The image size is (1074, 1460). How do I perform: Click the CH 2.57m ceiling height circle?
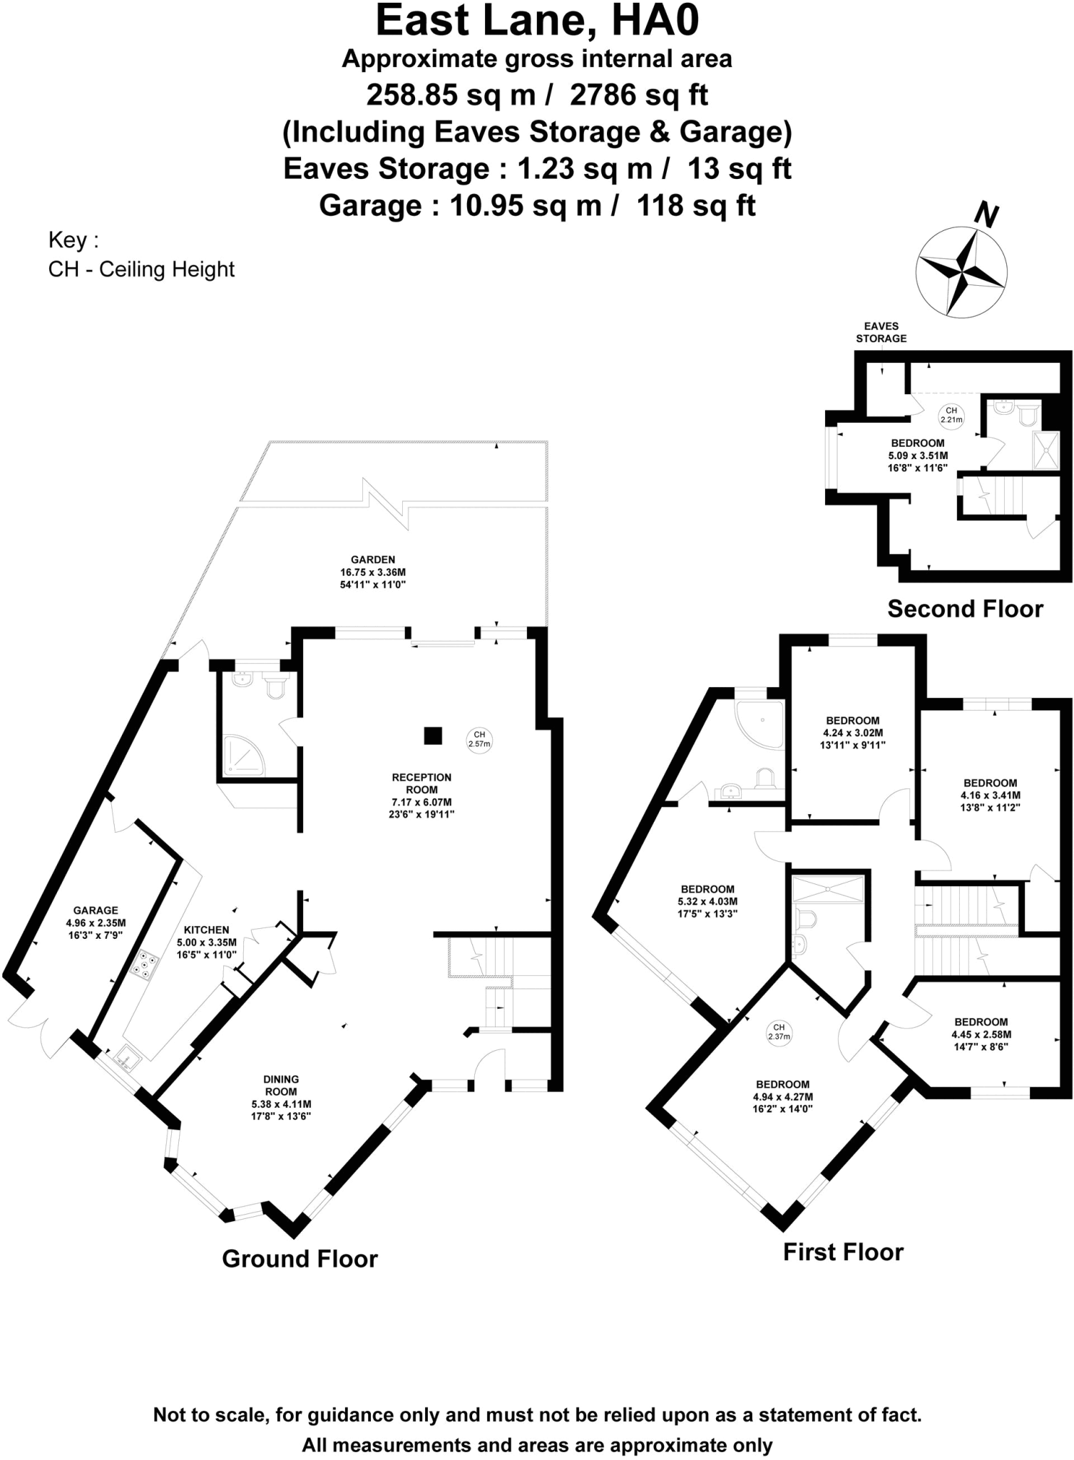[479, 739]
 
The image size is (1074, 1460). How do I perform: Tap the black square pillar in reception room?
[432, 736]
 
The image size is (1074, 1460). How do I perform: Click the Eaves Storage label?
[881, 332]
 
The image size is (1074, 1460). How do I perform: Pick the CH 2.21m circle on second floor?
[951, 415]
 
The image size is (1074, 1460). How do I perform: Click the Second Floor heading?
[964, 609]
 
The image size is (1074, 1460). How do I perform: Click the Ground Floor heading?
[300, 1258]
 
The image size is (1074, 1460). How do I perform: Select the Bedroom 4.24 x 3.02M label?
[852, 732]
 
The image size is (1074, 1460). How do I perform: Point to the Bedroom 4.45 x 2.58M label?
[981, 1034]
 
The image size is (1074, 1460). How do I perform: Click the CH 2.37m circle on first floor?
[779, 1032]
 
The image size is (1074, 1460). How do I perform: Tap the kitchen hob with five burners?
[145, 964]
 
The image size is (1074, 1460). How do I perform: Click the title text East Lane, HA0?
[537, 21]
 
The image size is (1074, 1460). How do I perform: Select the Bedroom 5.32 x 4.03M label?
[707, 900]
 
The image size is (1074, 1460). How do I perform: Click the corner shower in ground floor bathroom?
[242, 756]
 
